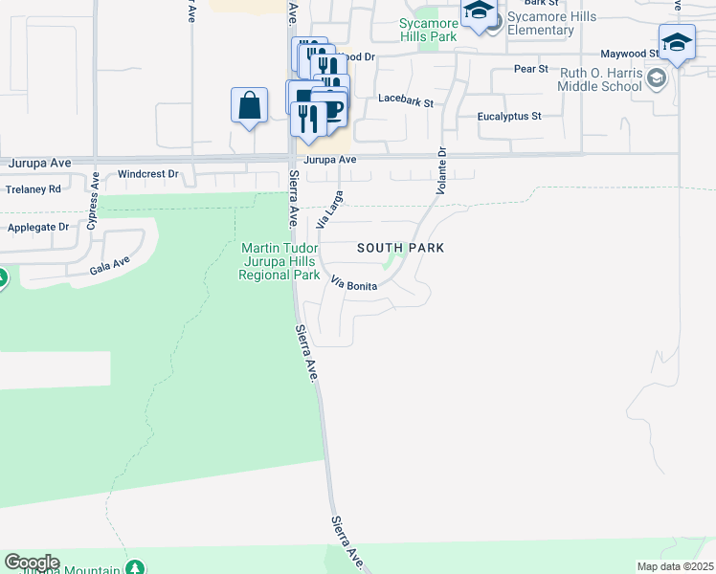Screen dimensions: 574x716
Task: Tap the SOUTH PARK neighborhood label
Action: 402,248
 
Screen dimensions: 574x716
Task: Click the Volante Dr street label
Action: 441,171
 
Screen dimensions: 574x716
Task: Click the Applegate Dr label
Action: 38,228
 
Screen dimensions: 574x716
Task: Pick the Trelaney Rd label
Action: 34,189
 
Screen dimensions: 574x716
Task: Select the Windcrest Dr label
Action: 148,174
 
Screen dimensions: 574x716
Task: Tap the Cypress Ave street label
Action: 93,204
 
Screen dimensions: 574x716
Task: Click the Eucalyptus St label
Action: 509,116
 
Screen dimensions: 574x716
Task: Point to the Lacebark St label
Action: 406,99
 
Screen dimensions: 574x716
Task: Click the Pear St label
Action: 530,69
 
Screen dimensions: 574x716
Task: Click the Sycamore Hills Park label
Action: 426,29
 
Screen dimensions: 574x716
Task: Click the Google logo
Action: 32,563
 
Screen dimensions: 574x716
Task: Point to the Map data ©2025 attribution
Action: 674,566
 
